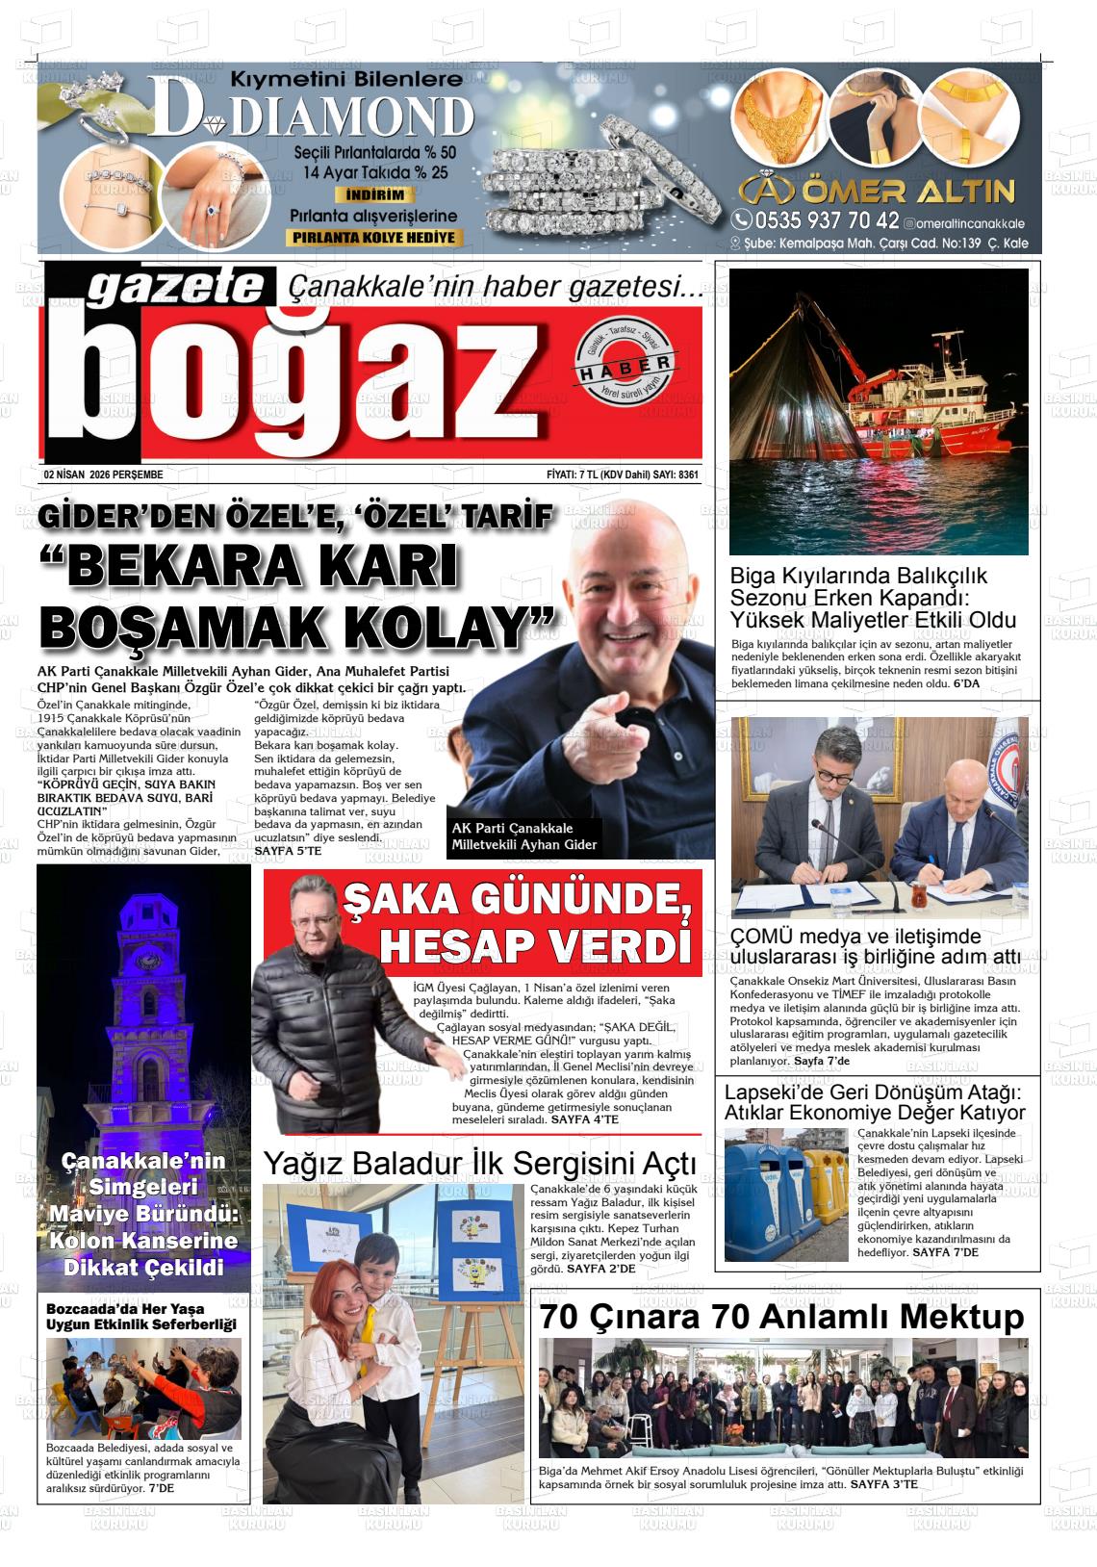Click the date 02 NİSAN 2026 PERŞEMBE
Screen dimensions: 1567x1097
point(104,475)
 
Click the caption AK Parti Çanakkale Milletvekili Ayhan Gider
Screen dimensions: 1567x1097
point(524,836)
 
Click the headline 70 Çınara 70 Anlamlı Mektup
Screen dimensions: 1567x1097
point(781,1317)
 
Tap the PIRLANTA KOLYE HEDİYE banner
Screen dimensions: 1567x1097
point(375,238)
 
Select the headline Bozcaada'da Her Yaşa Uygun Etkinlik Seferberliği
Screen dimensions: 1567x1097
point(141,1317)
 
